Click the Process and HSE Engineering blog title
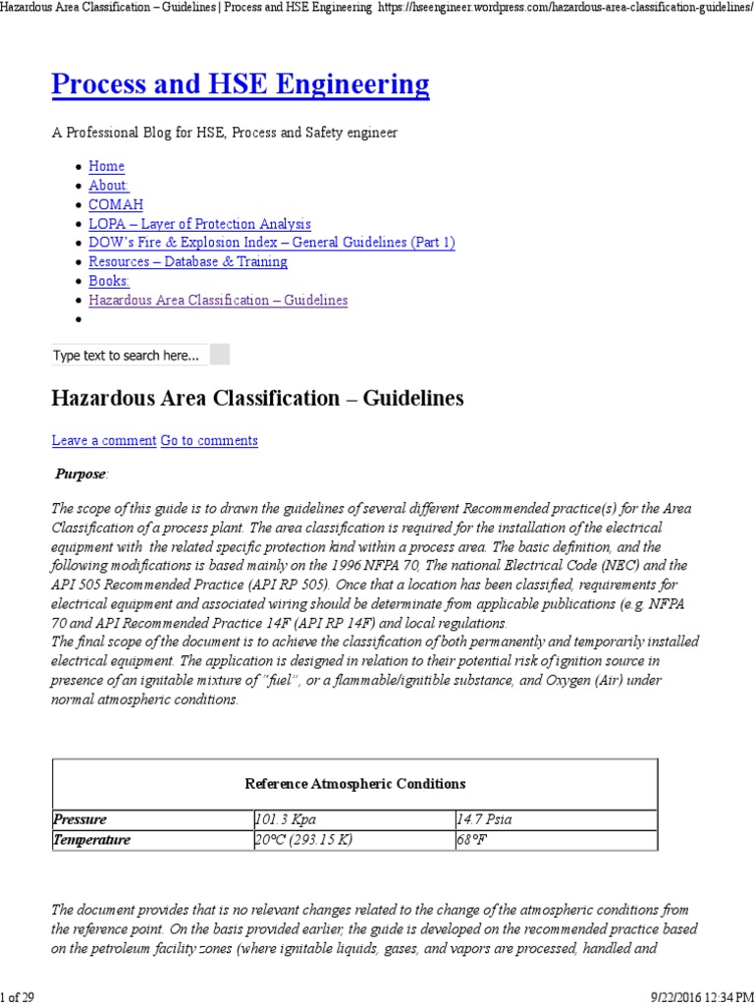241,85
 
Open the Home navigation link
106,167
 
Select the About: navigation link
109,186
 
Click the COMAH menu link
116,204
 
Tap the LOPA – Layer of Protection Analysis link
199,224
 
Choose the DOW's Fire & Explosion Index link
271,243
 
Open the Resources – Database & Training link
188,261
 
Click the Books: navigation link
109,281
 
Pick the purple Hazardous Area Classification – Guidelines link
218,300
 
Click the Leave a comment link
103,441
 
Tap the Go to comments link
209,441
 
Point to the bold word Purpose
81,474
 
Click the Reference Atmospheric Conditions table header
354,784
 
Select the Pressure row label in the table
81,819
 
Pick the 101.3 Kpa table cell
286,819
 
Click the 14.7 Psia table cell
483,819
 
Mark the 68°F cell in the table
472,840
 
